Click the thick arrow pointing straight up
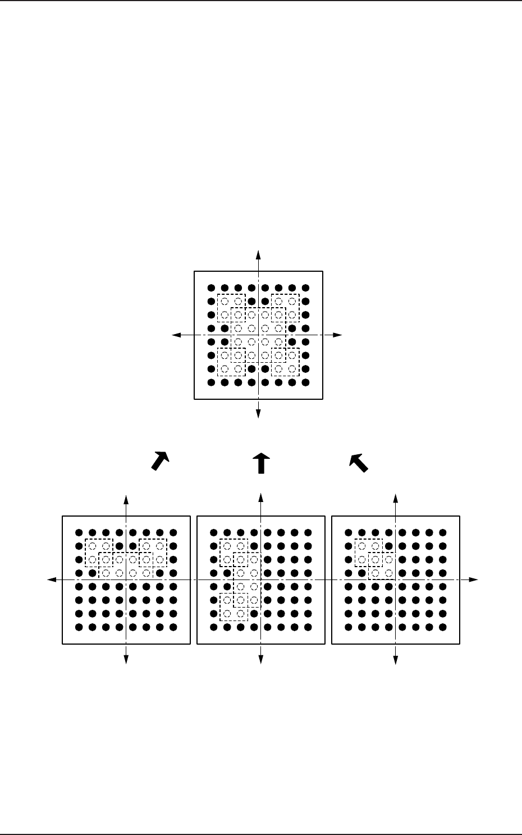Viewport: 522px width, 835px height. click(x=261, y=463)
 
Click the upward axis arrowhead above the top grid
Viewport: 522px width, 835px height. click(x=258, y=252)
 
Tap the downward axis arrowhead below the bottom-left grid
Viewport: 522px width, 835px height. click(x=126, y=661)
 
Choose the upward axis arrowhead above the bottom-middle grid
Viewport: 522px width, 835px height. click(x=261, y=497)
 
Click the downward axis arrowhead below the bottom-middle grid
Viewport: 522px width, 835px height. click(x=261, y=661)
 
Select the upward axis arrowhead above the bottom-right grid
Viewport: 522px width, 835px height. click(x=396, y=497)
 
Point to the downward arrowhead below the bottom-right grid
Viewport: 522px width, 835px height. click(x=396, y=661)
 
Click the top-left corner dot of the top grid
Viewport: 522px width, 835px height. click(x=211, y=288)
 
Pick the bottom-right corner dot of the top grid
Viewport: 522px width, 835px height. click(x=305, y=382)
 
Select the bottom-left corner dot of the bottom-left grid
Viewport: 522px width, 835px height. click(x=79, y=627)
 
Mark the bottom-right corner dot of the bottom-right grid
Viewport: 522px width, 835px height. click(x=442, y=627)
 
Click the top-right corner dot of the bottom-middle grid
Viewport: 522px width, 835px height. click(x=308, y=532)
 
